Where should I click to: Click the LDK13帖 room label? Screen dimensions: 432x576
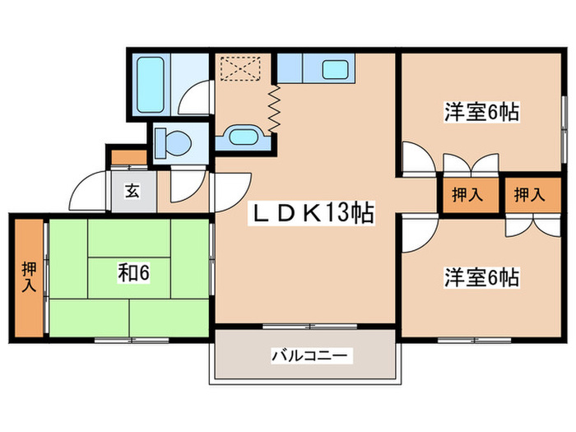pos(313,215)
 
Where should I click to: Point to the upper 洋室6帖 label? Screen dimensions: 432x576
pos(482,113)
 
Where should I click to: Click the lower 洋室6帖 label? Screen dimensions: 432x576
pos(482,277)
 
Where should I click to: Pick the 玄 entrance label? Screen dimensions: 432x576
pos(132,192)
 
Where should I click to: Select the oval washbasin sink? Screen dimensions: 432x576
pos(241,137)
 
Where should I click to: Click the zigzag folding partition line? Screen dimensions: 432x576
pos(273,105)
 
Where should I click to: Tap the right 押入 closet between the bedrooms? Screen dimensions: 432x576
pos(529,195)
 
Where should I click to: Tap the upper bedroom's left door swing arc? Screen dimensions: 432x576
pos(416,158)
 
